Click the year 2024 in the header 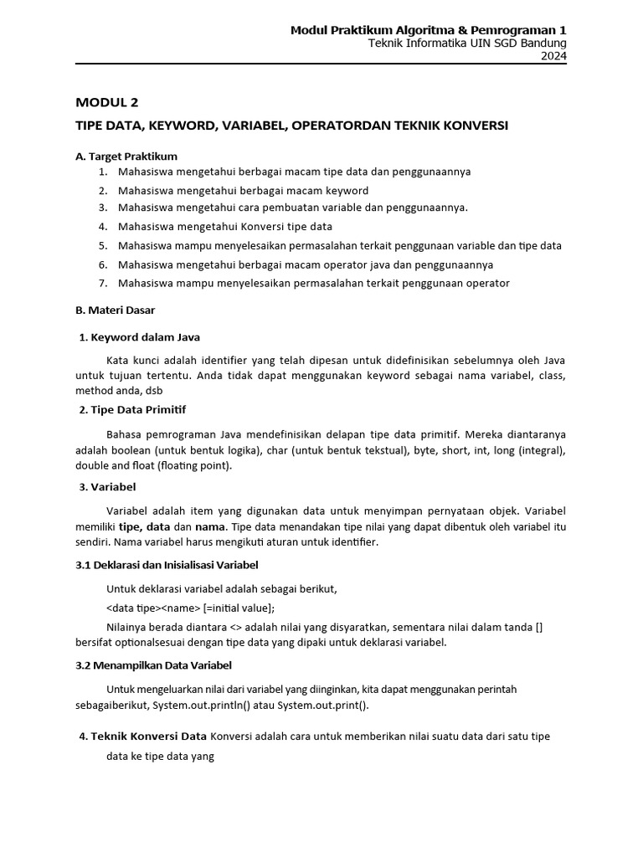[553, 56]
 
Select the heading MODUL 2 [106, 103]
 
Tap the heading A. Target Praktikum [126, 156]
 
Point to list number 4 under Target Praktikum [103, 227]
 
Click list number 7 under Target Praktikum [103, 283]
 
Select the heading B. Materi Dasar [115, 310]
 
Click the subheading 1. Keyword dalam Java [139, 337]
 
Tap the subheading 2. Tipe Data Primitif [132, 409]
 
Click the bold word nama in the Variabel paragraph [210, 526]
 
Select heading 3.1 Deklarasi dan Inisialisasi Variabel [167, 565]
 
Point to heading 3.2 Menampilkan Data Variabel [153, 665]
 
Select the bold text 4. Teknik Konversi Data [142, 736]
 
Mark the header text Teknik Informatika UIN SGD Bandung [468, 44]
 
